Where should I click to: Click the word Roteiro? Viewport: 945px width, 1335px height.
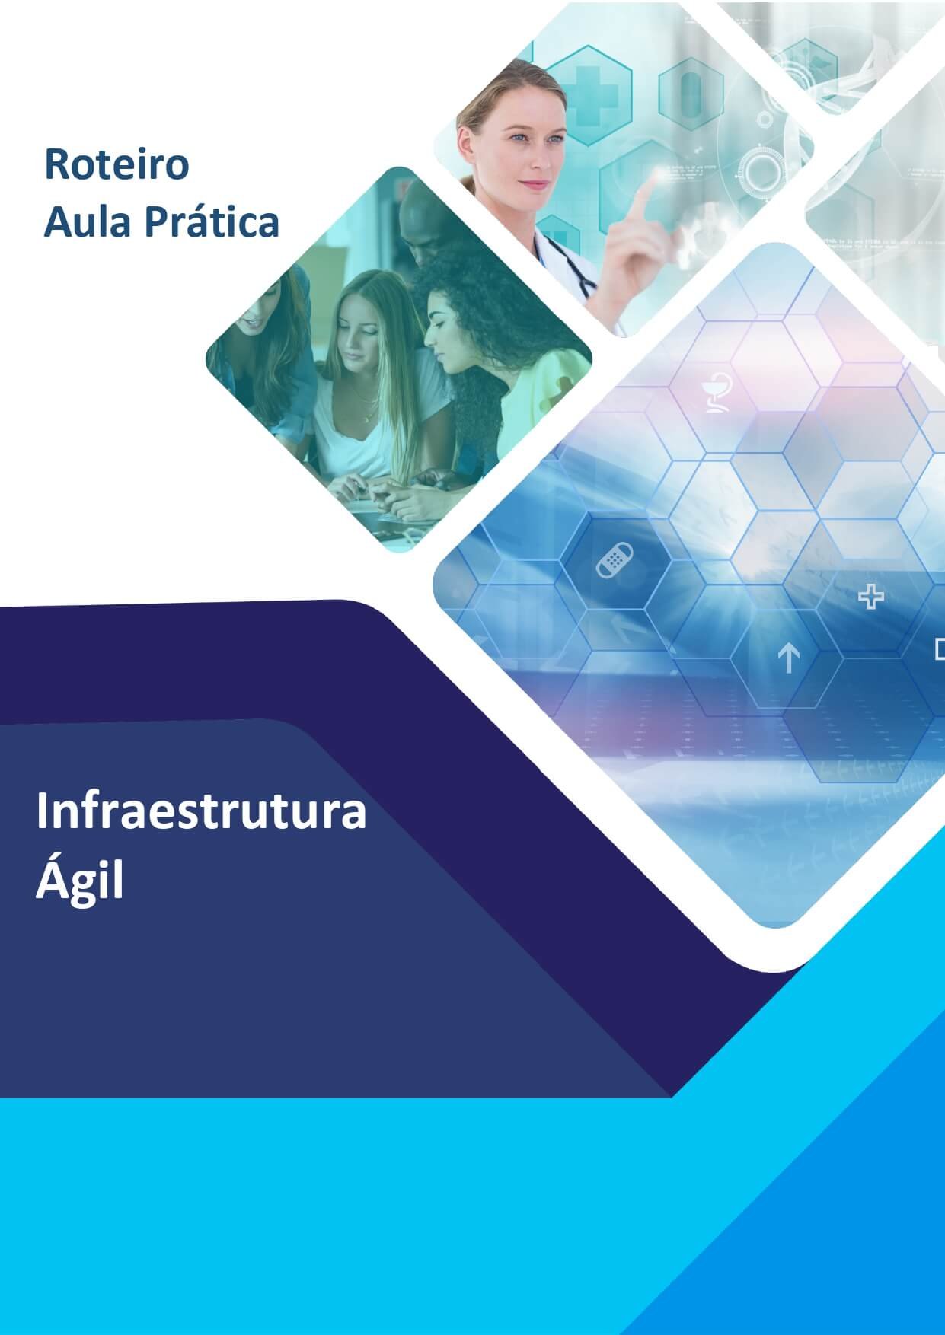(117, 165)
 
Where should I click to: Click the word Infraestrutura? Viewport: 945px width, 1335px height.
(201, 811)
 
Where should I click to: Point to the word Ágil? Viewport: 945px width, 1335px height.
(79, 881)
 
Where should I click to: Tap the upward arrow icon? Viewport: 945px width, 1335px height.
(788, 658)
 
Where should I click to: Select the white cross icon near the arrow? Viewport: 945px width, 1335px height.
(870, 597)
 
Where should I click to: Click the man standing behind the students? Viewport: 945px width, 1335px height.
(426, 221)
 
